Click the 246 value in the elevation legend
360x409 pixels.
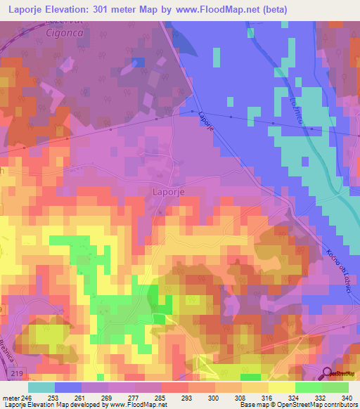click(x=27, y=397)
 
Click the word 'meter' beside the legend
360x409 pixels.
click(x=10, y=397)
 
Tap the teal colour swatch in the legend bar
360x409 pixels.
click(x=41, y=387)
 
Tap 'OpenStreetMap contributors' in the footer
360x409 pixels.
click(x=323, y=405)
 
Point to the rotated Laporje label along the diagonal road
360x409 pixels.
click(x=203, y=116)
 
